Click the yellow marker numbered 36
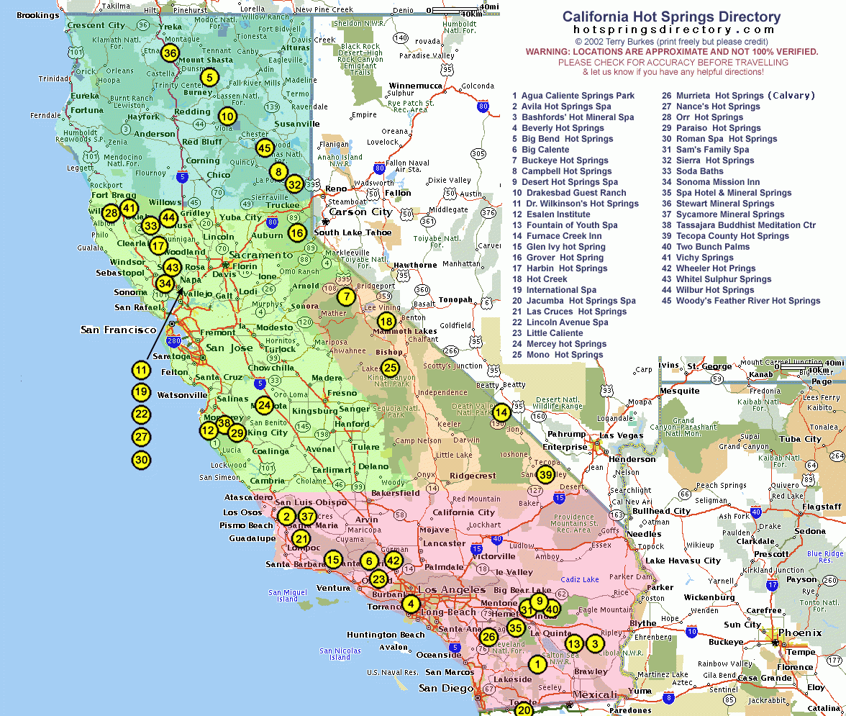(170, 53)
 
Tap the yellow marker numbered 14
(501, 412)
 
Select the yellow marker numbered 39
(545, 474)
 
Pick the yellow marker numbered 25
(389, 368)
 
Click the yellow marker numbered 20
(524, 710)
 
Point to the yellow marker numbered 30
(141, 460)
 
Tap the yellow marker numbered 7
(346, 296)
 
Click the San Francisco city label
(118, 330)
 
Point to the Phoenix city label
(799, 633)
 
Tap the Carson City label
(360, 212)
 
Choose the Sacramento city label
(262, 255)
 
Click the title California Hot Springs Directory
(670, 17)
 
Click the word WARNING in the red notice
(548, 52)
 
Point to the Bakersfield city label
(395, 494)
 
